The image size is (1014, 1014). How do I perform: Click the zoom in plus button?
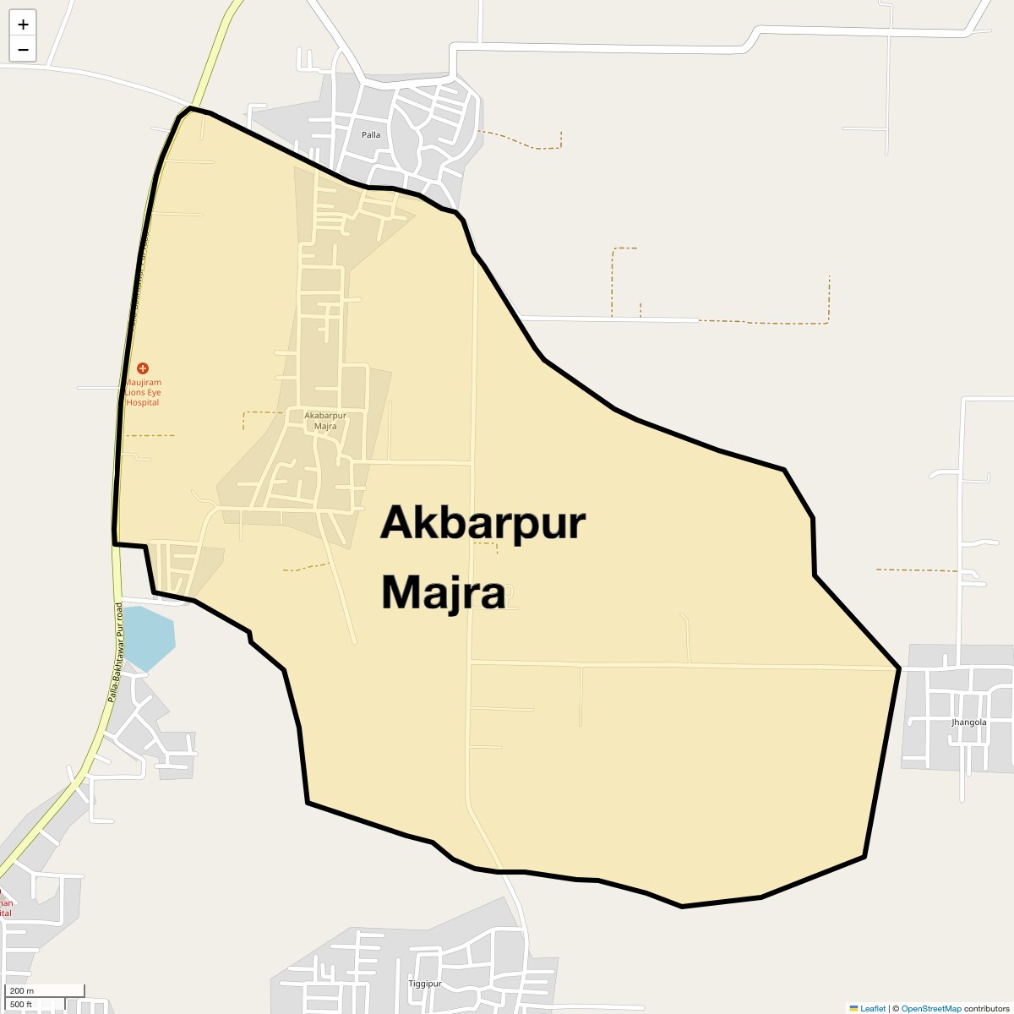point(23,25)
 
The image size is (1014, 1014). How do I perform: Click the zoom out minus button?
point(23,49)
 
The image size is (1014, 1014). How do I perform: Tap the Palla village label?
point(371,135)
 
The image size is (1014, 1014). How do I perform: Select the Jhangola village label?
point(968,722)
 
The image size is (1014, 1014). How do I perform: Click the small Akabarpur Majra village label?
point(325,421)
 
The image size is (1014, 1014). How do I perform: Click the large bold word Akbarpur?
point(482,523)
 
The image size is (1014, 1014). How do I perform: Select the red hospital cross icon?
point(142,368)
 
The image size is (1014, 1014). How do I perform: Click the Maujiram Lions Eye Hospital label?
point(142,392)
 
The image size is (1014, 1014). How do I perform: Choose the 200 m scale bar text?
point(23,990)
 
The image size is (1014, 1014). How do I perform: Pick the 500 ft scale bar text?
point(21,1004)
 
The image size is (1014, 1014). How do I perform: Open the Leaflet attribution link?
point(873,1008)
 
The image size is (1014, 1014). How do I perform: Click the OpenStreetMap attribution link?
point(930,1008)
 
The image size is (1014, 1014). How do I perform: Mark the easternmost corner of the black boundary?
point(899,668)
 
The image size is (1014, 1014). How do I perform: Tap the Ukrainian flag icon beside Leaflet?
point(853,1008)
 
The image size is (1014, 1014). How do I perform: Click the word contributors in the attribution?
point(986,1008)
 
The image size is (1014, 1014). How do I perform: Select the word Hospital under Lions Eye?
point(142,403)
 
